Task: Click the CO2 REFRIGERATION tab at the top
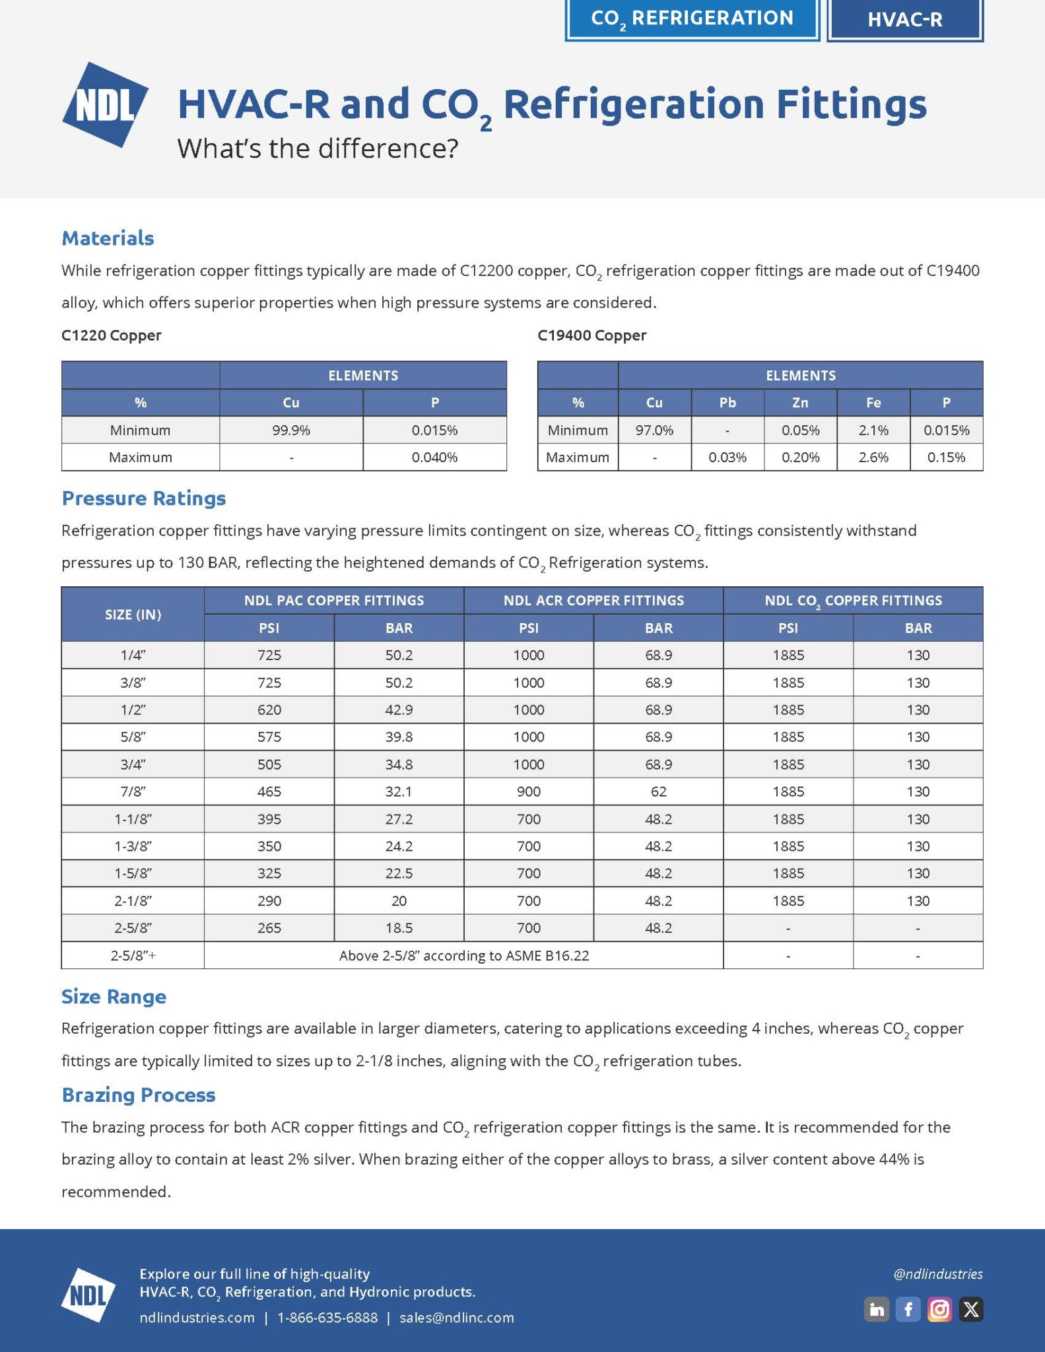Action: click(692, 18)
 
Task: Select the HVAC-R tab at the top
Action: click(904, 20)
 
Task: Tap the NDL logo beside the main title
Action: click(105, 104)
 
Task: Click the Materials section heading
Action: click(108, 238)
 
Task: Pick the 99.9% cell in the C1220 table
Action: click(291, 430)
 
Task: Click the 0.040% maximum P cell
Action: click(434, 457)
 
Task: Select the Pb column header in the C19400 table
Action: click(727, 403)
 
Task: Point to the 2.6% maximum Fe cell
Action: click(873, 457)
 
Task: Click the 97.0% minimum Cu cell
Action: click(654, 430)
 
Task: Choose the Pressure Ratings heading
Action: click(144, 498)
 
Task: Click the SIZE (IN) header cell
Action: click(133, 615)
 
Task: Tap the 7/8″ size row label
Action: click(133, 792)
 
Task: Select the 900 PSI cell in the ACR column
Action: click(529, 792)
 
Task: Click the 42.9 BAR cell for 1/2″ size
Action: click(399, 710)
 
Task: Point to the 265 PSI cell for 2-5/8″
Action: click(269, 928)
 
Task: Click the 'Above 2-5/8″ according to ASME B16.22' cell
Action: click(463, 955)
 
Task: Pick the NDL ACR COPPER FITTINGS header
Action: click(593, 601)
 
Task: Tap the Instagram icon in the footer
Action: click(939, 1309)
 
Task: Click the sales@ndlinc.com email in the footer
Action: click(457, 1318)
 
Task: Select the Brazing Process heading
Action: click(139, 1095)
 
